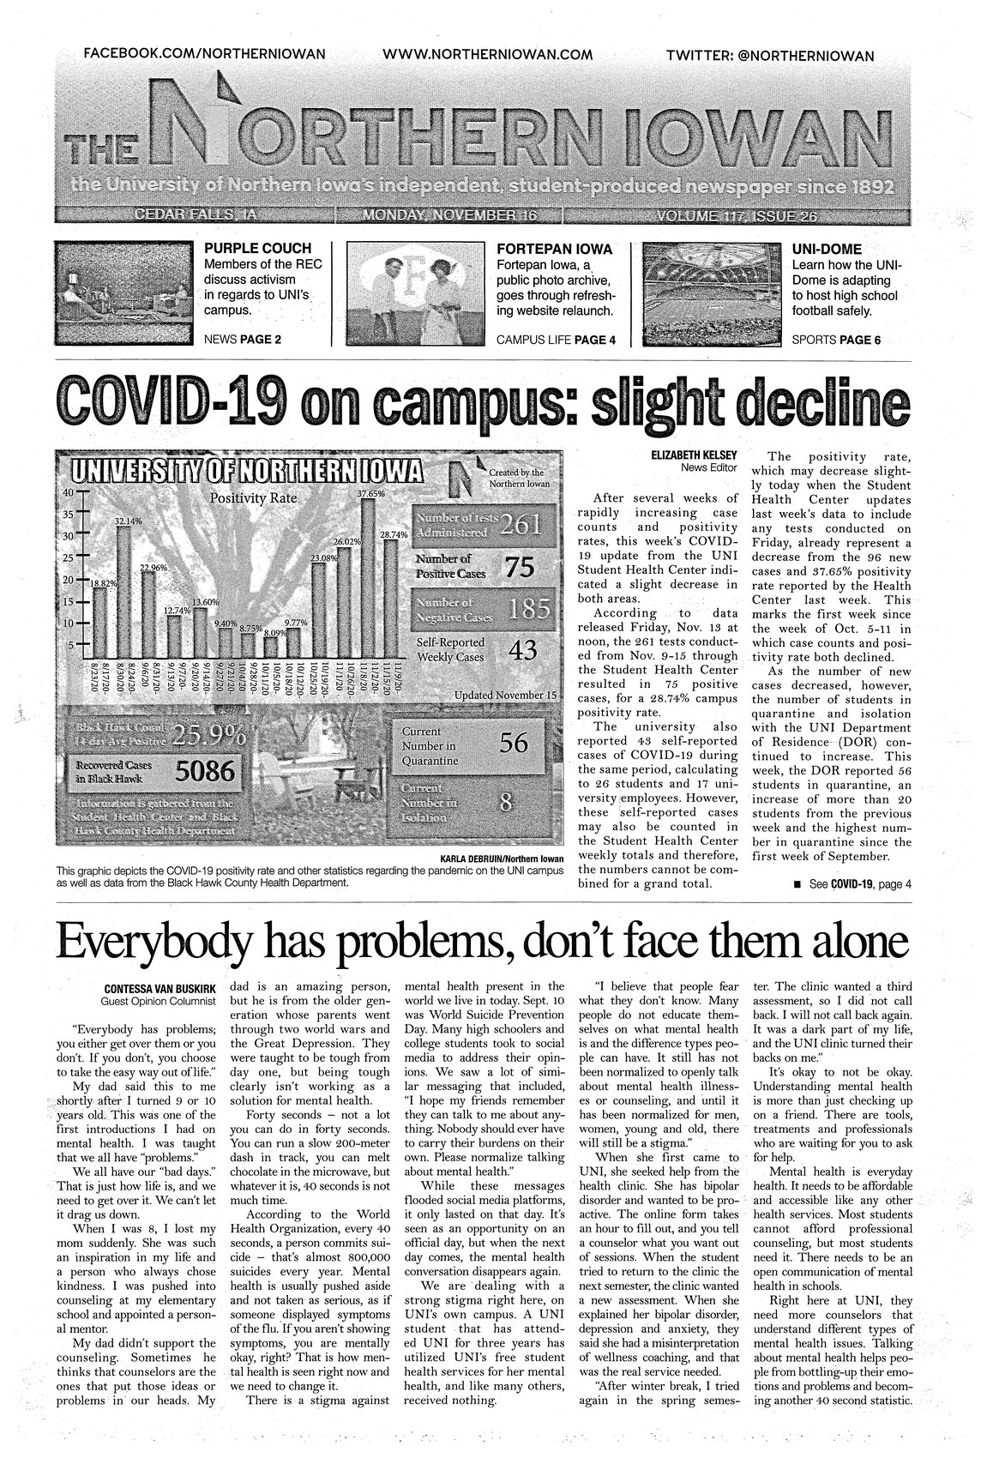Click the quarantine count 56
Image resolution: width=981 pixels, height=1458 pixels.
click(x=513, y=743)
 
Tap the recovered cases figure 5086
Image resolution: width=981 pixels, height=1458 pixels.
click(x=205, y=772)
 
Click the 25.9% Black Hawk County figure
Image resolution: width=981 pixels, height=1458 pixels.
click(x=209, y=735)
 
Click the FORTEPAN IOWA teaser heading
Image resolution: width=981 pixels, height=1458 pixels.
click(x=554, y=249)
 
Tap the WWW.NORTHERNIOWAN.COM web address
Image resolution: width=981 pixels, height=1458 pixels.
click(x=487, y=54)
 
